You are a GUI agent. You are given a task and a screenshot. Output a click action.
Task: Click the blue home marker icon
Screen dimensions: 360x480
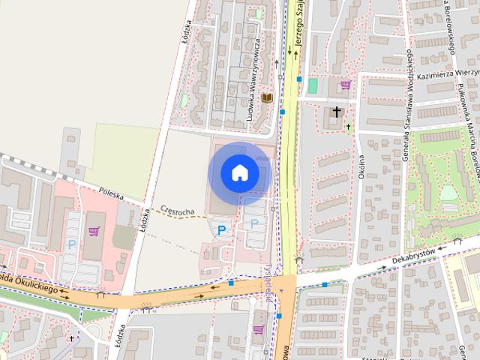(239, 173)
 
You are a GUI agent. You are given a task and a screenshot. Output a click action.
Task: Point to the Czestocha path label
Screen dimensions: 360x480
(178, 212)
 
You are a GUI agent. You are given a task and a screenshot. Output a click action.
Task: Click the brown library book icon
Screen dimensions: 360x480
(267, 97)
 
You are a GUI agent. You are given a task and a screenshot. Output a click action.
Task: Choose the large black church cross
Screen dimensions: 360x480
(337, 112)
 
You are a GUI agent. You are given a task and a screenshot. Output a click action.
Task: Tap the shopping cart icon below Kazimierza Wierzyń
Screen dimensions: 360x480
(345, 85)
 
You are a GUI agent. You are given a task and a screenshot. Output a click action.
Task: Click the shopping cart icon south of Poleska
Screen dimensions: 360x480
(94, 231)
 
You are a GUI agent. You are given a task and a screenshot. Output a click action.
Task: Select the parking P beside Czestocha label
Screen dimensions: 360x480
(221, 230)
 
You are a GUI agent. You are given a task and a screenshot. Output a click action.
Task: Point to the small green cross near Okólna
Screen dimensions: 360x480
(347, 126)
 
